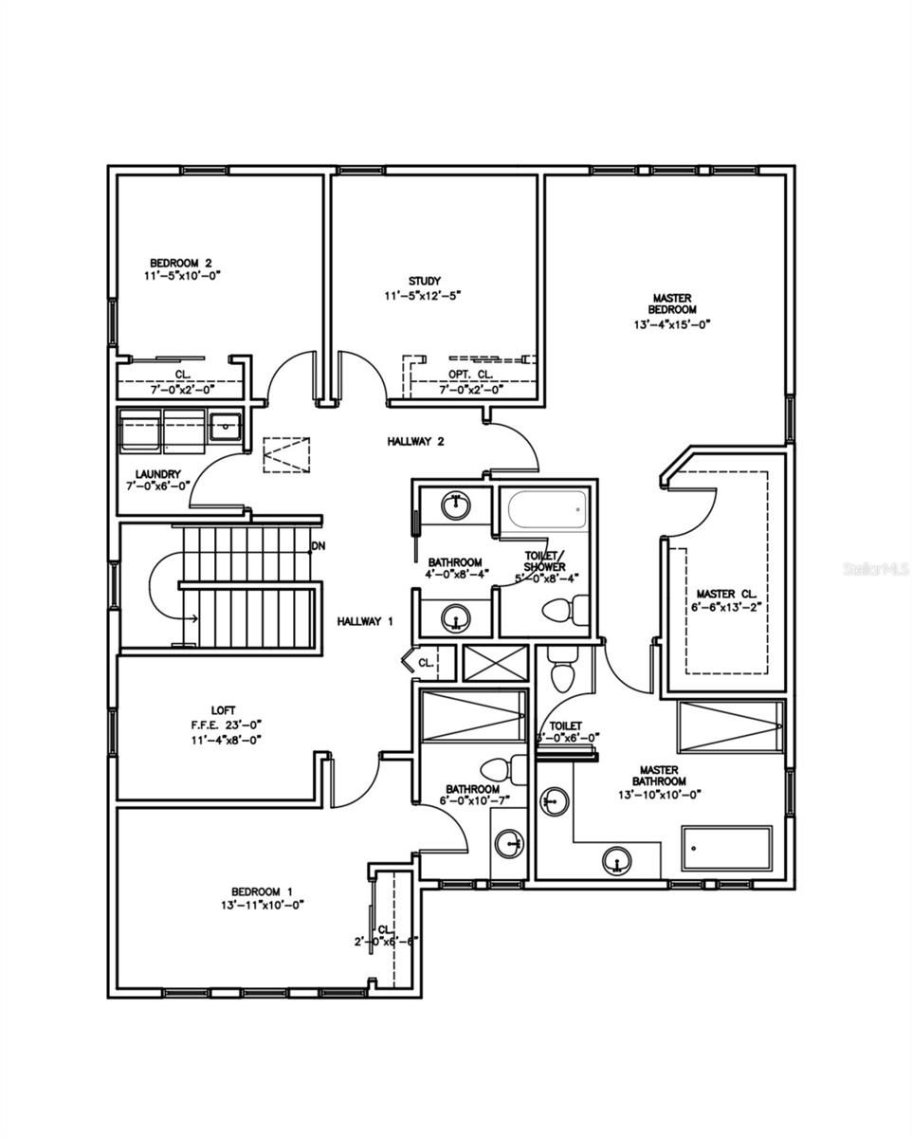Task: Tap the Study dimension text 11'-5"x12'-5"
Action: coord(424,296)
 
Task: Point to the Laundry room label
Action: coord(157,474)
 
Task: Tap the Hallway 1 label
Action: coord(365,621)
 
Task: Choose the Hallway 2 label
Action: coord(415,441)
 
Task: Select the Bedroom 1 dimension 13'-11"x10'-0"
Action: coord(255,905)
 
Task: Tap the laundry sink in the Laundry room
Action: coord(226,426)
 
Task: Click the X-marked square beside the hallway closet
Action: coord(492,663)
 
